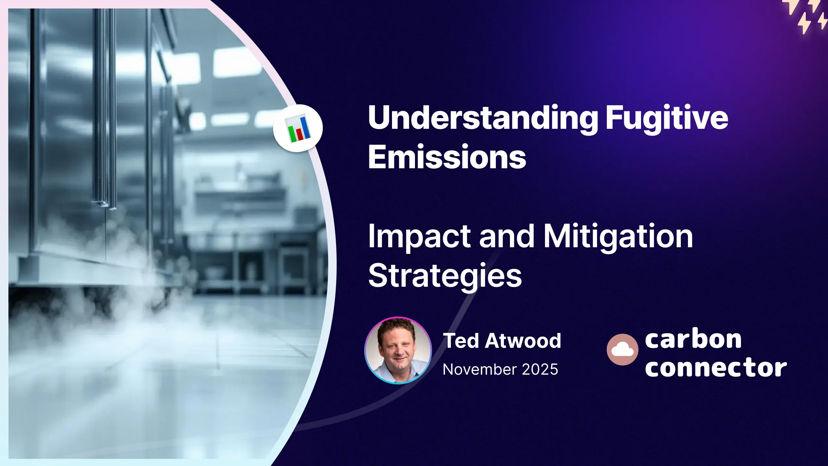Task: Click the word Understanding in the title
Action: (483, 118)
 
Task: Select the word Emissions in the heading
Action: (447, 157)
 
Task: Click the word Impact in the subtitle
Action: (419, 237)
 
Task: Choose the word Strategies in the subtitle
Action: (445, 276)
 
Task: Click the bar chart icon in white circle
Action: (298, 128)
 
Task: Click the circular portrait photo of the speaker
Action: (398, 350)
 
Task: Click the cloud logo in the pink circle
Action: (622, 349)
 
